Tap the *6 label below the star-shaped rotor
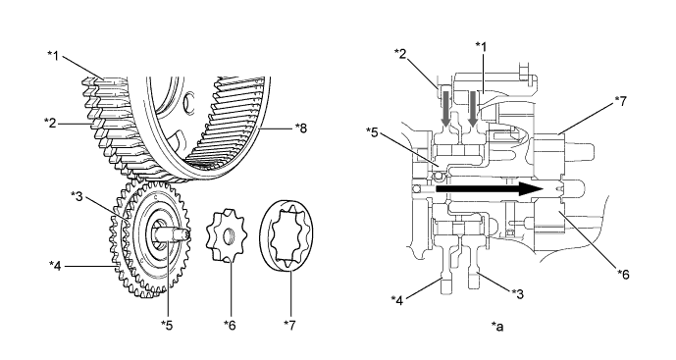pyautogui.click(x=230, y=324)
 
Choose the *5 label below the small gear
pyautogui.click(x=169, y=324)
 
